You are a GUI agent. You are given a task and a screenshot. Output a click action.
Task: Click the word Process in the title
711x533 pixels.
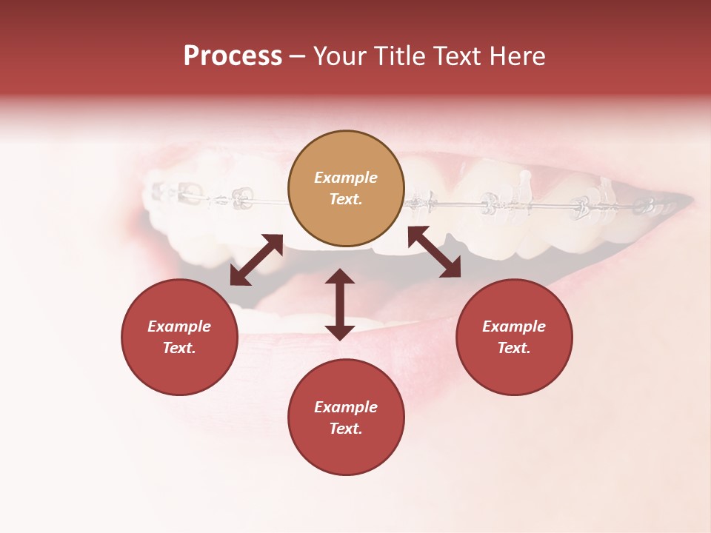pyautogui.click(x=233, y=56)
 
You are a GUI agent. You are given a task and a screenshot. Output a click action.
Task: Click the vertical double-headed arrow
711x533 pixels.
pyautogui.click(x=340, y=304)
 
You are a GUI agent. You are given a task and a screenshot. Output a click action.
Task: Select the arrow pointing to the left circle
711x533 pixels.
pyautogui.click(x=256, y=260)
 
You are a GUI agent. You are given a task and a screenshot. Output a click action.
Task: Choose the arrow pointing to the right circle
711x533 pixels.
pyautogui.click(x=435, y=252)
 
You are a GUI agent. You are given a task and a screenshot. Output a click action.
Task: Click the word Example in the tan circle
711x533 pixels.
pyautogui.click(x=346, y=178)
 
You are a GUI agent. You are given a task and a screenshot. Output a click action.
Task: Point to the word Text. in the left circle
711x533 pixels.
pyautogui.click(x=179, y=348)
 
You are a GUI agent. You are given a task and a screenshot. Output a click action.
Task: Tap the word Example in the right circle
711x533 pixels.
pyautogui.click(x=514, y=326)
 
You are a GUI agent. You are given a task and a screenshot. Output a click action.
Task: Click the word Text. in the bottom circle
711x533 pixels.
pyautogui.click(x=346, y=429)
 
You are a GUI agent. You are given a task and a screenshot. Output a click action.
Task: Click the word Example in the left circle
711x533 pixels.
pyautogui.click(x=179, y=326)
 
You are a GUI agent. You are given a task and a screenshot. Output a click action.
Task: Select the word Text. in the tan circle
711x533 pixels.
pyautogui.click(x=346, y=199)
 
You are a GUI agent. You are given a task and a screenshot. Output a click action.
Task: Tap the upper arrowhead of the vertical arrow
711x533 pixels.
pyautogui.click(x=340, y=277)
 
